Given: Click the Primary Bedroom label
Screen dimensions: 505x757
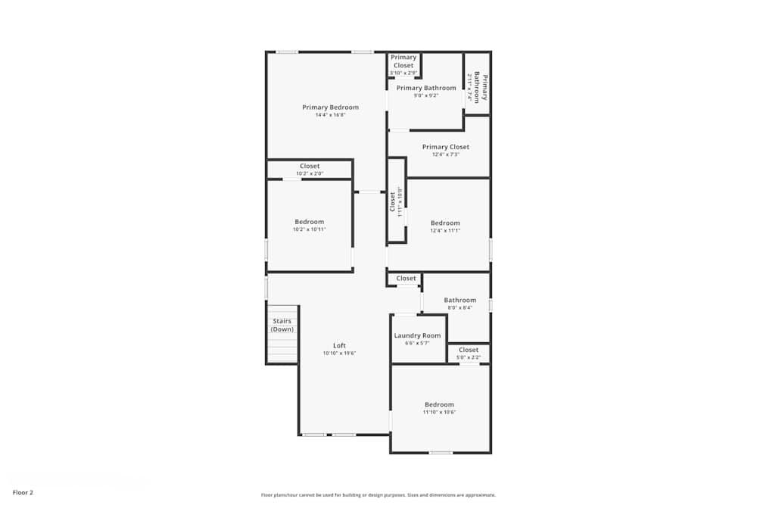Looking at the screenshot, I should (330, 108).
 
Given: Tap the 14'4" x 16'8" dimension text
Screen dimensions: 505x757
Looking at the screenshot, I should (330, 115).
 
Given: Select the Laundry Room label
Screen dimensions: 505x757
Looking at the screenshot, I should (417, 335).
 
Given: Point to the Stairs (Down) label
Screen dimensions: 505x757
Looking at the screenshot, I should (282, 325).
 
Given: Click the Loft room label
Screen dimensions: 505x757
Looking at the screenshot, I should (339, 345).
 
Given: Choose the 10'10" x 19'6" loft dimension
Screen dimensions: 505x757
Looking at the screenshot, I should (339, 353).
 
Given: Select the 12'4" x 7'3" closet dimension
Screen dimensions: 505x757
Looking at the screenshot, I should (445, 154).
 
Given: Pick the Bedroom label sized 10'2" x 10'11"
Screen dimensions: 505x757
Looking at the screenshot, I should (309, 222).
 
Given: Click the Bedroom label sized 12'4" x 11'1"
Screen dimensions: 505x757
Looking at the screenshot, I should (445, 223).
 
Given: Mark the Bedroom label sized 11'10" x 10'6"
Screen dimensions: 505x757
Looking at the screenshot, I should (439, 404).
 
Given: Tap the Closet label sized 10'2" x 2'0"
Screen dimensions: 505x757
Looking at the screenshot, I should (310, 167).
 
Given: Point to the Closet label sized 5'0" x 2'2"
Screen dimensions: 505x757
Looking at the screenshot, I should (469, 350).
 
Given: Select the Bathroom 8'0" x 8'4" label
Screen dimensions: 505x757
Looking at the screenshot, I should (459, 301).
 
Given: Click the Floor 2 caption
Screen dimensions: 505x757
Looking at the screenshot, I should (23, 492).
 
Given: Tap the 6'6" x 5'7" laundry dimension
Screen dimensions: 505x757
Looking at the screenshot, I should (417, 343).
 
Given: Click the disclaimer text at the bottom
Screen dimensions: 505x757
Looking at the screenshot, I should (378, 495).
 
